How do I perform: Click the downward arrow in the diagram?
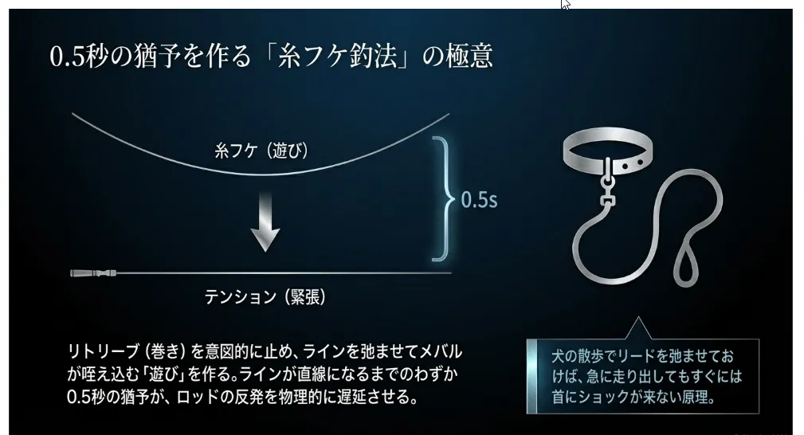(265, 225)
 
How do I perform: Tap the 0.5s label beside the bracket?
(479, 199)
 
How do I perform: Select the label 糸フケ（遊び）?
(261, 150)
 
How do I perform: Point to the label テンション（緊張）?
(265, 296)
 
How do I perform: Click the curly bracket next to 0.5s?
(441, 198)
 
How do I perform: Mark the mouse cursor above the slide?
(565, 4)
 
